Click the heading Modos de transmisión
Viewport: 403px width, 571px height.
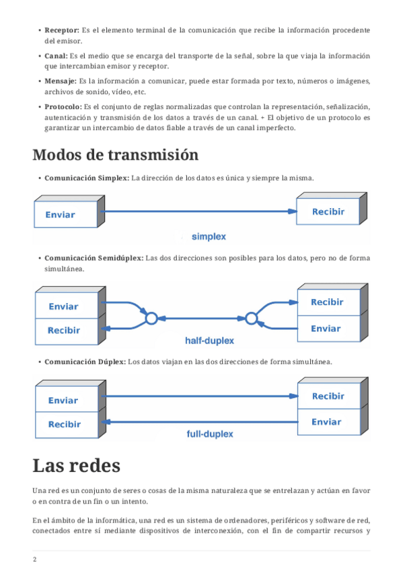point(115,155)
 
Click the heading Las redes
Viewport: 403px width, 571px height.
point(77,465)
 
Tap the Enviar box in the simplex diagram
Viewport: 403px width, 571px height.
point(65,215)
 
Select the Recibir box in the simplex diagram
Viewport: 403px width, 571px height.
point(328,211)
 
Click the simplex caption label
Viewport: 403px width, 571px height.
point(209,237)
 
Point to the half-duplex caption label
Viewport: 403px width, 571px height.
point(209,341)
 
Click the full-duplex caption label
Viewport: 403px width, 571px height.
point(210,434)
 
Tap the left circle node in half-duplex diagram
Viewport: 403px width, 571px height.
point(151,318)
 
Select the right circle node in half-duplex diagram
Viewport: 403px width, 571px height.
point(252,318)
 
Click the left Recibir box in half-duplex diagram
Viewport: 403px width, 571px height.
point(67,331)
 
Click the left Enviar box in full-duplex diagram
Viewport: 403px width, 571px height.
point(67,399)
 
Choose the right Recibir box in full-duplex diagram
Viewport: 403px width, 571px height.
point(329,396)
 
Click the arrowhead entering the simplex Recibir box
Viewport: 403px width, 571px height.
point(293,211)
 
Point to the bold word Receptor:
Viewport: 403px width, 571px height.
point(62,30)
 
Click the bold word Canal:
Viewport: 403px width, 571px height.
point(56,56)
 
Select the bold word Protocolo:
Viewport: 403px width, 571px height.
point(63,106)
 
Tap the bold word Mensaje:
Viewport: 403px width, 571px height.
point(61,81)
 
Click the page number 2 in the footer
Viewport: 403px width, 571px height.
point(34,560)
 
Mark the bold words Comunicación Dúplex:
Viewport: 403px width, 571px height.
point(85,362)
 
